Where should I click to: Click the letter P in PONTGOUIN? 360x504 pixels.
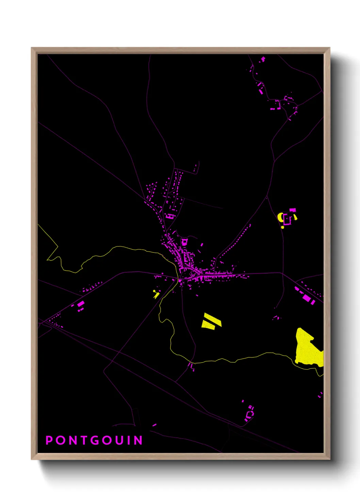49,440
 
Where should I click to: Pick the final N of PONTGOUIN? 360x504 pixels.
138,440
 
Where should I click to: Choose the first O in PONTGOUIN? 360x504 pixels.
60,440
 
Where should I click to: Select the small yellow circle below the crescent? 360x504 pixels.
282,227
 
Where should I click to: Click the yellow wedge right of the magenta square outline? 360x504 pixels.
295,217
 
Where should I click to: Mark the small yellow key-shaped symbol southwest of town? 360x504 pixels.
156,294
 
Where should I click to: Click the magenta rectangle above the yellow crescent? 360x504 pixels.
293,210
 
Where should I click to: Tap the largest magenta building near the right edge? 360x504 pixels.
307,298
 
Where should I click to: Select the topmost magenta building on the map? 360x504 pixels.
263,59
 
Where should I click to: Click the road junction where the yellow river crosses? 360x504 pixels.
179,280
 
